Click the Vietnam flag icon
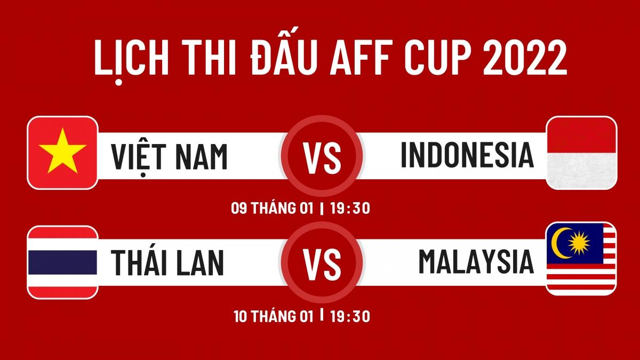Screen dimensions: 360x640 click(62, 153)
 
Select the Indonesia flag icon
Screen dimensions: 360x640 click(582, 153)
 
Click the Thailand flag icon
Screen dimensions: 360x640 click(62, 262)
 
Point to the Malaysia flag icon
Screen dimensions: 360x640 click(582, 259)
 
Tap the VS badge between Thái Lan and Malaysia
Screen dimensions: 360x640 click(322, 262)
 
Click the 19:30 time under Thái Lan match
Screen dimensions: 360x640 click(349, 316)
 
